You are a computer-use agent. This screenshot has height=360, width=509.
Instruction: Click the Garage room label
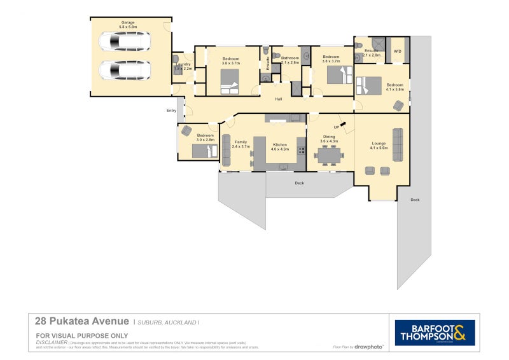tap(128, 25)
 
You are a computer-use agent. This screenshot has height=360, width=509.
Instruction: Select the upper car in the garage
tap(124, 43)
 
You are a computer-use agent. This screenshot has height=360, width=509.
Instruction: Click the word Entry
tap(171, 111)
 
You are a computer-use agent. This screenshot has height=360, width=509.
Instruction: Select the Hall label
tap(279, 99)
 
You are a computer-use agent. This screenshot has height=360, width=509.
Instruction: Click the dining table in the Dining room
tap(329, 155)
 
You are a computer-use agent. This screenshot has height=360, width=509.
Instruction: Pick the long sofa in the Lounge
tap(398, 144)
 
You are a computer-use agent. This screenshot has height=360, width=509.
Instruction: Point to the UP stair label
tap(336, 127)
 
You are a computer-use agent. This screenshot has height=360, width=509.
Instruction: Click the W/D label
tap(398, 51)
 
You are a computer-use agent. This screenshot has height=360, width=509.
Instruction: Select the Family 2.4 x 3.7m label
tap(241, 144)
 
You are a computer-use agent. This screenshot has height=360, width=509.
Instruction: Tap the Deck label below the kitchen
tap(299, 183)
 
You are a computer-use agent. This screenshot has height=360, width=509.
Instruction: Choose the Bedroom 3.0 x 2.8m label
tap(206, 137)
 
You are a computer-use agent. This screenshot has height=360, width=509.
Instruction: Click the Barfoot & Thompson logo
tap(435, 332)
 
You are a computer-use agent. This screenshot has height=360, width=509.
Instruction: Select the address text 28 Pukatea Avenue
tap(82, 322)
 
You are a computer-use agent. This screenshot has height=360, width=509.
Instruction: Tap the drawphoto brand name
tap(369, 347)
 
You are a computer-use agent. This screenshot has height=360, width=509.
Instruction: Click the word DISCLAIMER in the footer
tap(52, 342)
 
